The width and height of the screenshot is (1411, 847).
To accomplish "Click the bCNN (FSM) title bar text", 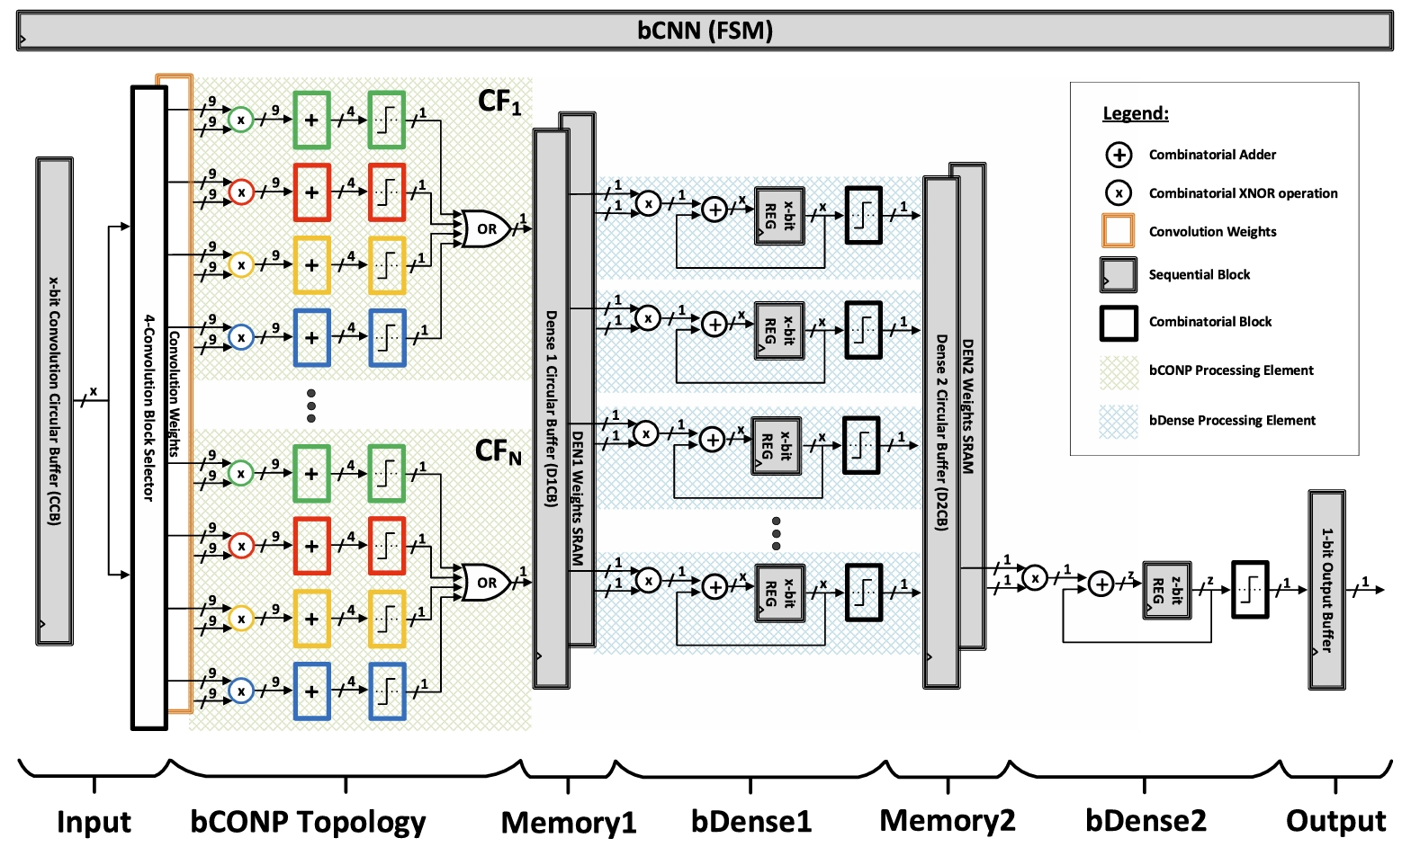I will click(x=705, y=31).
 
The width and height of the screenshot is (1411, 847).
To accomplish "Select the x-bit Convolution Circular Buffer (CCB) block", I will click(x=54, y=401).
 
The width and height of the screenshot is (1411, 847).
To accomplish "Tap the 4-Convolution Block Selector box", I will click(x=149, y=407).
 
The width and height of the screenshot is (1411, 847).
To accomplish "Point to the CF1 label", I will click(x=499, y=103).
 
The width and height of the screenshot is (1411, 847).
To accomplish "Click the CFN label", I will click(x=498, y=451).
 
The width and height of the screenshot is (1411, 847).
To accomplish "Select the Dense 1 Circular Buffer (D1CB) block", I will click(x=551, y=409).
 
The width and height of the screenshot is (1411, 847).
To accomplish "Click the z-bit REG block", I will click(x=1167, y=590).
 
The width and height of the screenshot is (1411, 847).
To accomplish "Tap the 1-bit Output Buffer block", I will click(x=1326, y=590).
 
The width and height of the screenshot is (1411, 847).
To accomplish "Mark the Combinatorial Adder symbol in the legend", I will click(x=1119, y=155).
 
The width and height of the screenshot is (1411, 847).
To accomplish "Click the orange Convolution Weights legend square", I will click(x=1119, y=231).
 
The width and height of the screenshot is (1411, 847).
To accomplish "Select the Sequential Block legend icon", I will click(x=1119, y=275).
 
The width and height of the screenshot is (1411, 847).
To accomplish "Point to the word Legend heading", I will click(x=1136, y=113).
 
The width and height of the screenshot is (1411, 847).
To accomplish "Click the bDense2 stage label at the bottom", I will click(x=1146, y=821).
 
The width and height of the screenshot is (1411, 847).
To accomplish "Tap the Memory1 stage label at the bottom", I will click(x=569, y=822).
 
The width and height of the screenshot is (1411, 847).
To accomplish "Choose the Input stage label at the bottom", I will click(x=94, y=822).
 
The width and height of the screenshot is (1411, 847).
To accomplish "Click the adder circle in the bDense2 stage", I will click(x=1101, y=584).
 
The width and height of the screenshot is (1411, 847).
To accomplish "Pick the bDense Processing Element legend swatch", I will click(x=1119, y=421).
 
